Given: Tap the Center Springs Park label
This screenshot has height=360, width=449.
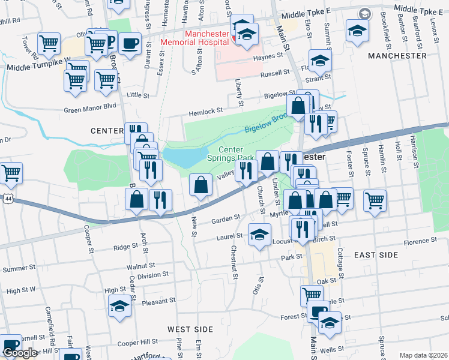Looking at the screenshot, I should point(231,154).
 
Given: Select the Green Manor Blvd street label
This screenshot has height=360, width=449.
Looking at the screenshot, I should point(90,110).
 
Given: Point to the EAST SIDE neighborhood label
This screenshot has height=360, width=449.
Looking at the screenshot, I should point(376,255).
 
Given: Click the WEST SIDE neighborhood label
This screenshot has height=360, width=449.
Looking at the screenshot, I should point(190,329).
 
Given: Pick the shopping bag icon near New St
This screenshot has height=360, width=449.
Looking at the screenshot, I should point(200,185).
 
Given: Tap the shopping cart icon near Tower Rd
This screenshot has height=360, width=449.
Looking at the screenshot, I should point(49,43).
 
